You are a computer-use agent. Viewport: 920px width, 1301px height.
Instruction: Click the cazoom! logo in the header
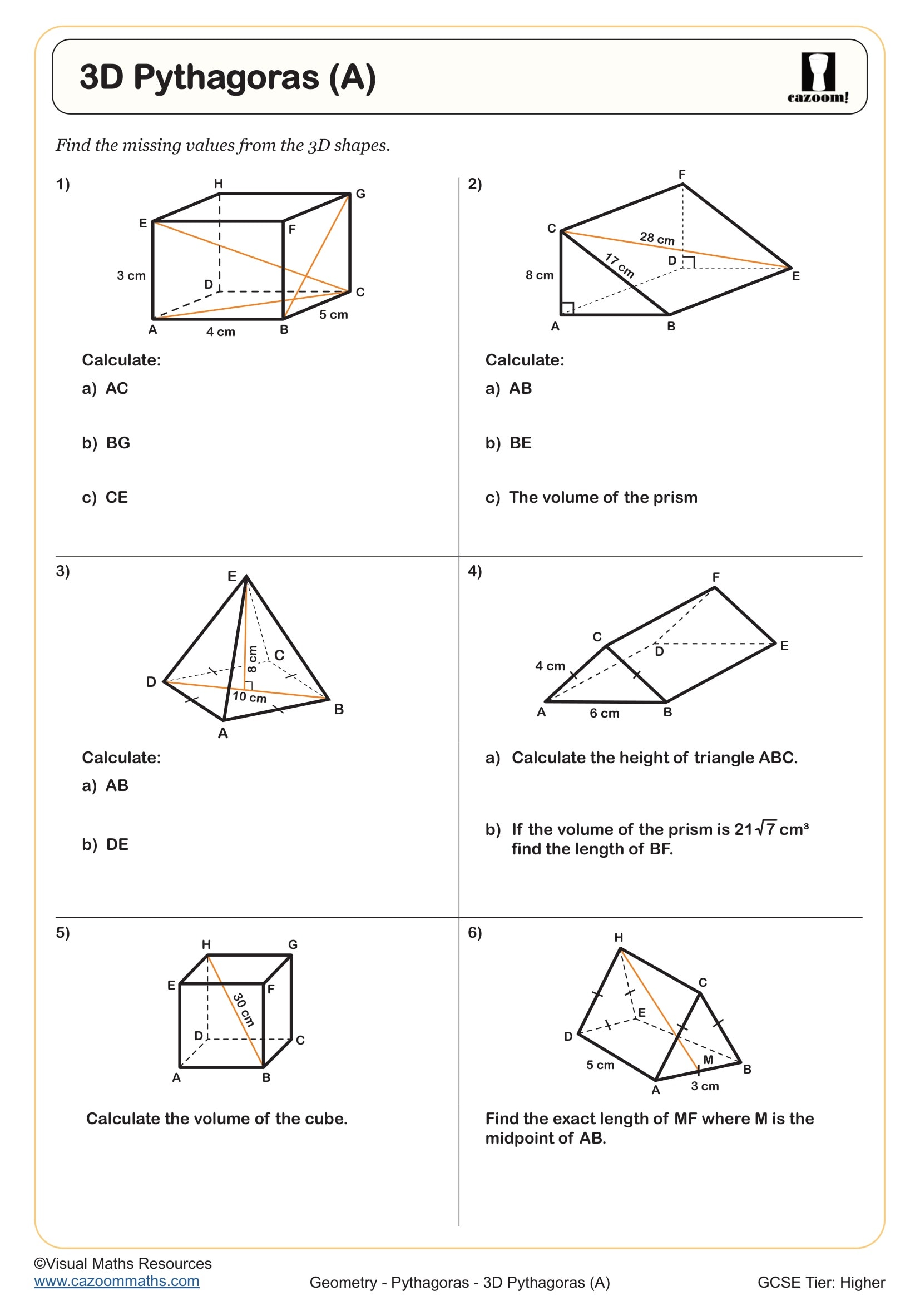click(x=818, y=78)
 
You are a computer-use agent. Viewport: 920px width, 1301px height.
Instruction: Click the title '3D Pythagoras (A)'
click(x=227, y=77)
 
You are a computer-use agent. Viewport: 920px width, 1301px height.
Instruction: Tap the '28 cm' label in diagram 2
click(x=656, y=238)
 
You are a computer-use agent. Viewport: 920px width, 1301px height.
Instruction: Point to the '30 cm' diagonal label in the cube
click(x=244, y=1009)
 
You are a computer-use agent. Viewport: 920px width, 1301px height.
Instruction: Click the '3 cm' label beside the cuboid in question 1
click(x=131, y=276)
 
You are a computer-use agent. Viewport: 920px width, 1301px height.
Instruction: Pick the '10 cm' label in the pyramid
click(x=249, y=697)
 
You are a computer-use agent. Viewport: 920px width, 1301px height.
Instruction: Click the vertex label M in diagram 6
click(x=708, y=1060)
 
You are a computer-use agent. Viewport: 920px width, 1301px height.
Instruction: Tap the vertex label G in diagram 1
click(x=360, y=194)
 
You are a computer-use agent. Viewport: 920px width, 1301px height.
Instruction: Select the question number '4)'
click(x=474, y=571)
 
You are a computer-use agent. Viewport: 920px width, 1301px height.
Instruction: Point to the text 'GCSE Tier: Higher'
click(x=820, y=1282)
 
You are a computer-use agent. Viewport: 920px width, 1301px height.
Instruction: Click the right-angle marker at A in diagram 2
click(x=567, y=308)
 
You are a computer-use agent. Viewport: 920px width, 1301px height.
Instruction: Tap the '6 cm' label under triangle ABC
click(x=605, y=714)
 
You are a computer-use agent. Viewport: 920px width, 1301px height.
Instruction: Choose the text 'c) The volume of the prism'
click(x=591, y=497)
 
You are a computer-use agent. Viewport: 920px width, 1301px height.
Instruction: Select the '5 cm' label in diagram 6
click(x=600, y=1065)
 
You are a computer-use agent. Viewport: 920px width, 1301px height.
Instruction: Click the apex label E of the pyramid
click(x=232, y=576)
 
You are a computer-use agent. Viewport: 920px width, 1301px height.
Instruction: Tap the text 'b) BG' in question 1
click(x=106, y=443)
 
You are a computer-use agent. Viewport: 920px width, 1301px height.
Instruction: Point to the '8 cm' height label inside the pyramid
click(x=253, y=659)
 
